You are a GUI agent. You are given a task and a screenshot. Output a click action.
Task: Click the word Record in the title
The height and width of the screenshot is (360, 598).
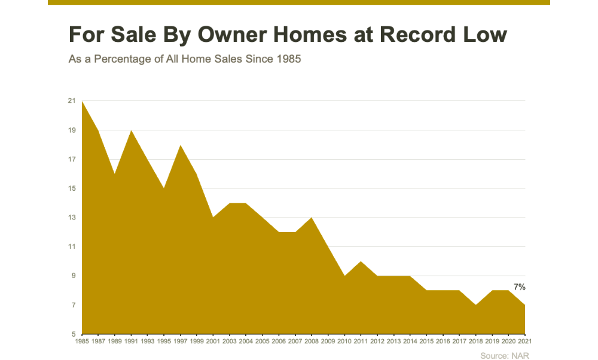coord(417,34)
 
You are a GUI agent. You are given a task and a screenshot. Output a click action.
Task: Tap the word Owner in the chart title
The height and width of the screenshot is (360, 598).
coord(232,34)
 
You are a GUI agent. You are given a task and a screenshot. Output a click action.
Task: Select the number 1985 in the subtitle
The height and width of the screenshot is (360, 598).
coord(289,59)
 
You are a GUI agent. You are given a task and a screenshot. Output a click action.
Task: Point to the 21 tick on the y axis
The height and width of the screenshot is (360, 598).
coord(72,100)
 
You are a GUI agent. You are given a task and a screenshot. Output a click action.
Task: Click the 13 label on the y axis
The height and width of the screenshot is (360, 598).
coord(72,217)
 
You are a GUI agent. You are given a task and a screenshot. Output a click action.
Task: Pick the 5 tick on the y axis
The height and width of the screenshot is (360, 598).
coord(74,334)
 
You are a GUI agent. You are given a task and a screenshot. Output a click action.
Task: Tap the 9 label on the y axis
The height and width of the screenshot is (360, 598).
coord(74,276)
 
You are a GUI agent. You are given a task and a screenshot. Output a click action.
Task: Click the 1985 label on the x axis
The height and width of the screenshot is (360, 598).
coord(82,341)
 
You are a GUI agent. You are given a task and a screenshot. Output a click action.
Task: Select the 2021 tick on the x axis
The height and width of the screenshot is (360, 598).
coord(524,341)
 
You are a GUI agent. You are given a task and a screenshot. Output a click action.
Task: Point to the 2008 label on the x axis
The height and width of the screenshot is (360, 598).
coord(312,341)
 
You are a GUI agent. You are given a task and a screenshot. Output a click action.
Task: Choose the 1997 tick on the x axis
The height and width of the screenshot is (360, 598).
coord(181,341)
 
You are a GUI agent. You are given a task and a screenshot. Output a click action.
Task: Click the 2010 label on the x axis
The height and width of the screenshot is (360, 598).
coord(344,341)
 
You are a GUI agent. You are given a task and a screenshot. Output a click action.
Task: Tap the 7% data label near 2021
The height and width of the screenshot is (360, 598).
coord(520,287)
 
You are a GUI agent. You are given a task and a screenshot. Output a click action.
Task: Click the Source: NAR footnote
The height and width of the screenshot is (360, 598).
coord(505,356)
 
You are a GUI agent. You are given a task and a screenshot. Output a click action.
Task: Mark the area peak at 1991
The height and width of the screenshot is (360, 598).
coord(131,130)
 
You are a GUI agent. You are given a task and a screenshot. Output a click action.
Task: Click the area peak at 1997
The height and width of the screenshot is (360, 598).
coord(181,145)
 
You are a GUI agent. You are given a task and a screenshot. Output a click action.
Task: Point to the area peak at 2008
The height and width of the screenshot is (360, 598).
coord(312,217)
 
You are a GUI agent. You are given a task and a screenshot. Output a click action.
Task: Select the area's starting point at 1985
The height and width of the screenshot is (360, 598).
coord(82,101)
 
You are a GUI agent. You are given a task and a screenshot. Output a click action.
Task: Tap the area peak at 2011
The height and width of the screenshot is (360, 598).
coord(361,261)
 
